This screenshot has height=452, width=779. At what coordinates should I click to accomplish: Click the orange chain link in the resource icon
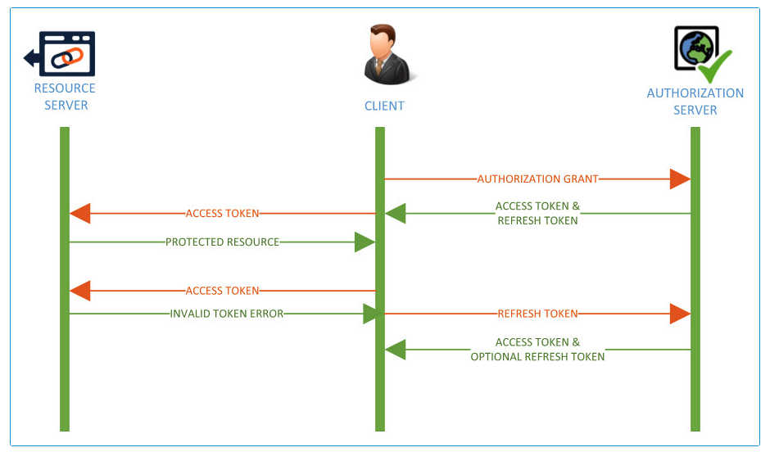pyautogui.click(x=68, y=57)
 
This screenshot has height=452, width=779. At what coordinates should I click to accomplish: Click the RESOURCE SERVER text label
pyautogui.click(x=65, y=97)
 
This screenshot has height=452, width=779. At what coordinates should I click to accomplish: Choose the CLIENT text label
pyautogui.click(x=384, y=106)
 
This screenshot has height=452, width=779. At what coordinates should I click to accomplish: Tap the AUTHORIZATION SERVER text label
pyautogui.click(x=695, y=102)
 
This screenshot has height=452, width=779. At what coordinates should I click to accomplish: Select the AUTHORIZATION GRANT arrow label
pyautogui.click(x=537, y=179)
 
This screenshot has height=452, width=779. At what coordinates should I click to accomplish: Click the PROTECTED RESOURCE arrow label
pyautogui.click(x=223, y=242)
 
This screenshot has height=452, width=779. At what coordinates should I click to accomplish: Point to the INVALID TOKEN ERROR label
pyautogui.click(x=227, y=314)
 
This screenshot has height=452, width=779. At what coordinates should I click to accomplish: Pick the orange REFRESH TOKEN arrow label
pyautogui.click(x=537, y=314)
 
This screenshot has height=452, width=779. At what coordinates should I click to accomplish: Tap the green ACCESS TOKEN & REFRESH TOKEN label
pyautogui.click(x=537, y=214)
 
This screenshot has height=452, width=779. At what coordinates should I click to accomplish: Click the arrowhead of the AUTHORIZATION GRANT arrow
pyautogui.click(x=680, y=179)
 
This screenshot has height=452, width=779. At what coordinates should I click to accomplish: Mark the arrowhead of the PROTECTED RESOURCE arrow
pyautogui.click(x=365, y=242)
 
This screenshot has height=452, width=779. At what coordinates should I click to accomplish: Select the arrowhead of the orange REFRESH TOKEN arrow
pyautogui.click(x=680, y=314)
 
